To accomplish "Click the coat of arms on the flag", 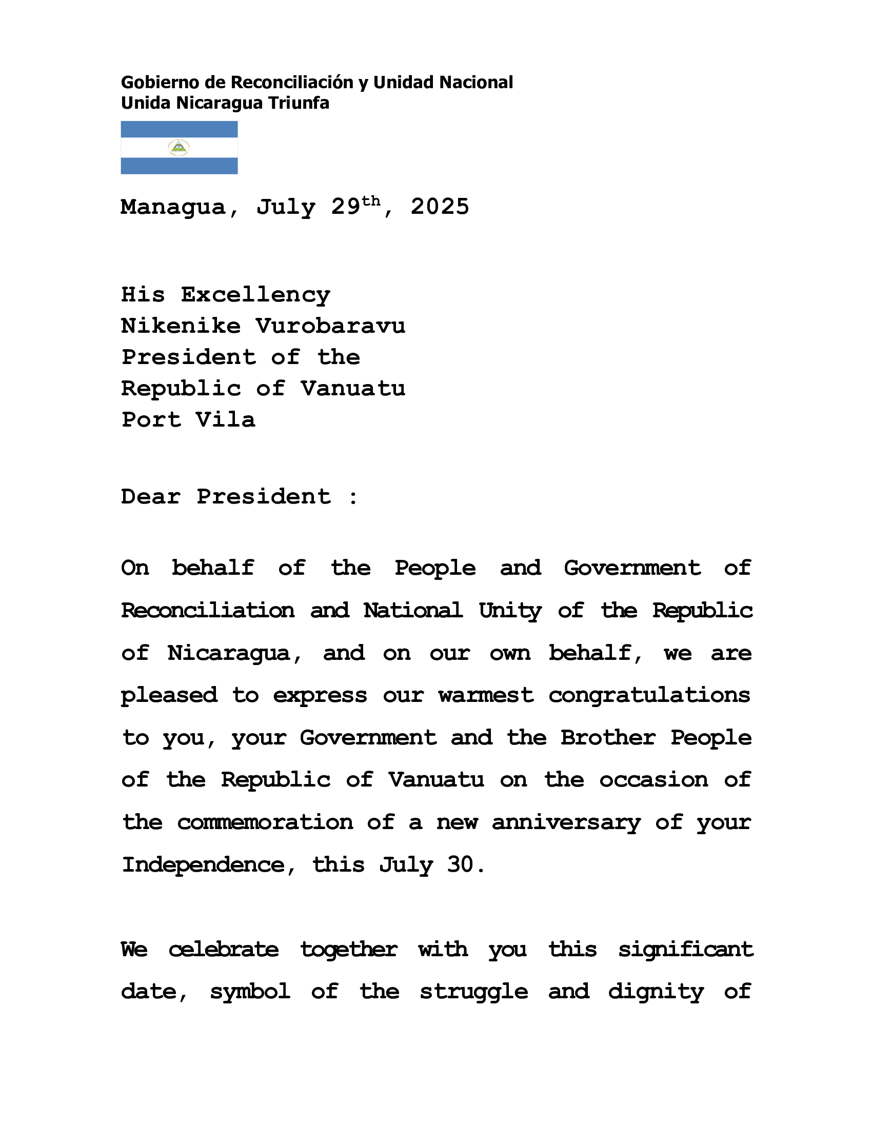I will [179, 148].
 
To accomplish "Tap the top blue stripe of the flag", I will [179, 129].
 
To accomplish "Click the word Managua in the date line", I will [173, 207].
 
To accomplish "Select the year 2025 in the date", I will [440, 207].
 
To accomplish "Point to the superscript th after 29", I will [371, 201].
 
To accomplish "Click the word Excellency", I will [255, 295].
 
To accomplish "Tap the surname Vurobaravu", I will [330, 327].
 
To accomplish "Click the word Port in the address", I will [151, 420].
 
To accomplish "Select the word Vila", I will [225, 420].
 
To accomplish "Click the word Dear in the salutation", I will [151, 497].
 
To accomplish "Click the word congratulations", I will [649, 696].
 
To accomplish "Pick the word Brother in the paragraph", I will [608, 738].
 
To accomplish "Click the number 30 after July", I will [460, 865].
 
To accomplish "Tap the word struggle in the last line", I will [474, 992].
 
